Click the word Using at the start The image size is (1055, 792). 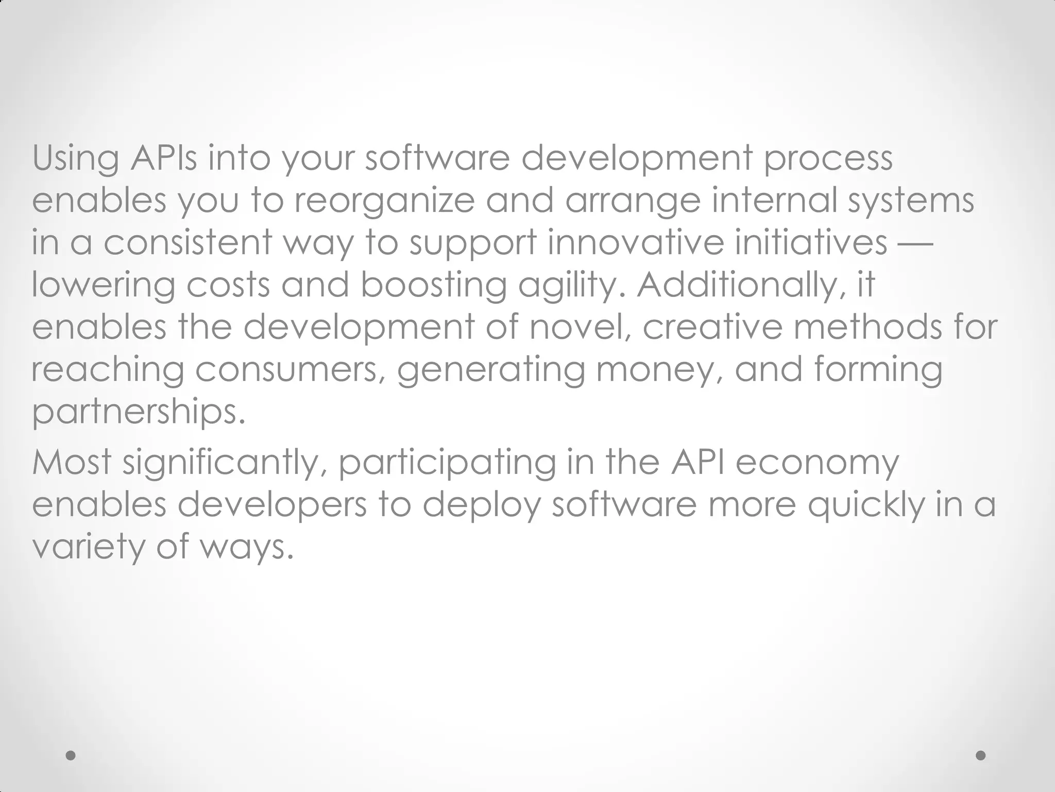[x=76, y=159]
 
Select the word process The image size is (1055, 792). [x=828, y=159]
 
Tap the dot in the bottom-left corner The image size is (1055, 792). [x=71, y=755]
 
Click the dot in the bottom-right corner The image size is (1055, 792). [x=981, y=755]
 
